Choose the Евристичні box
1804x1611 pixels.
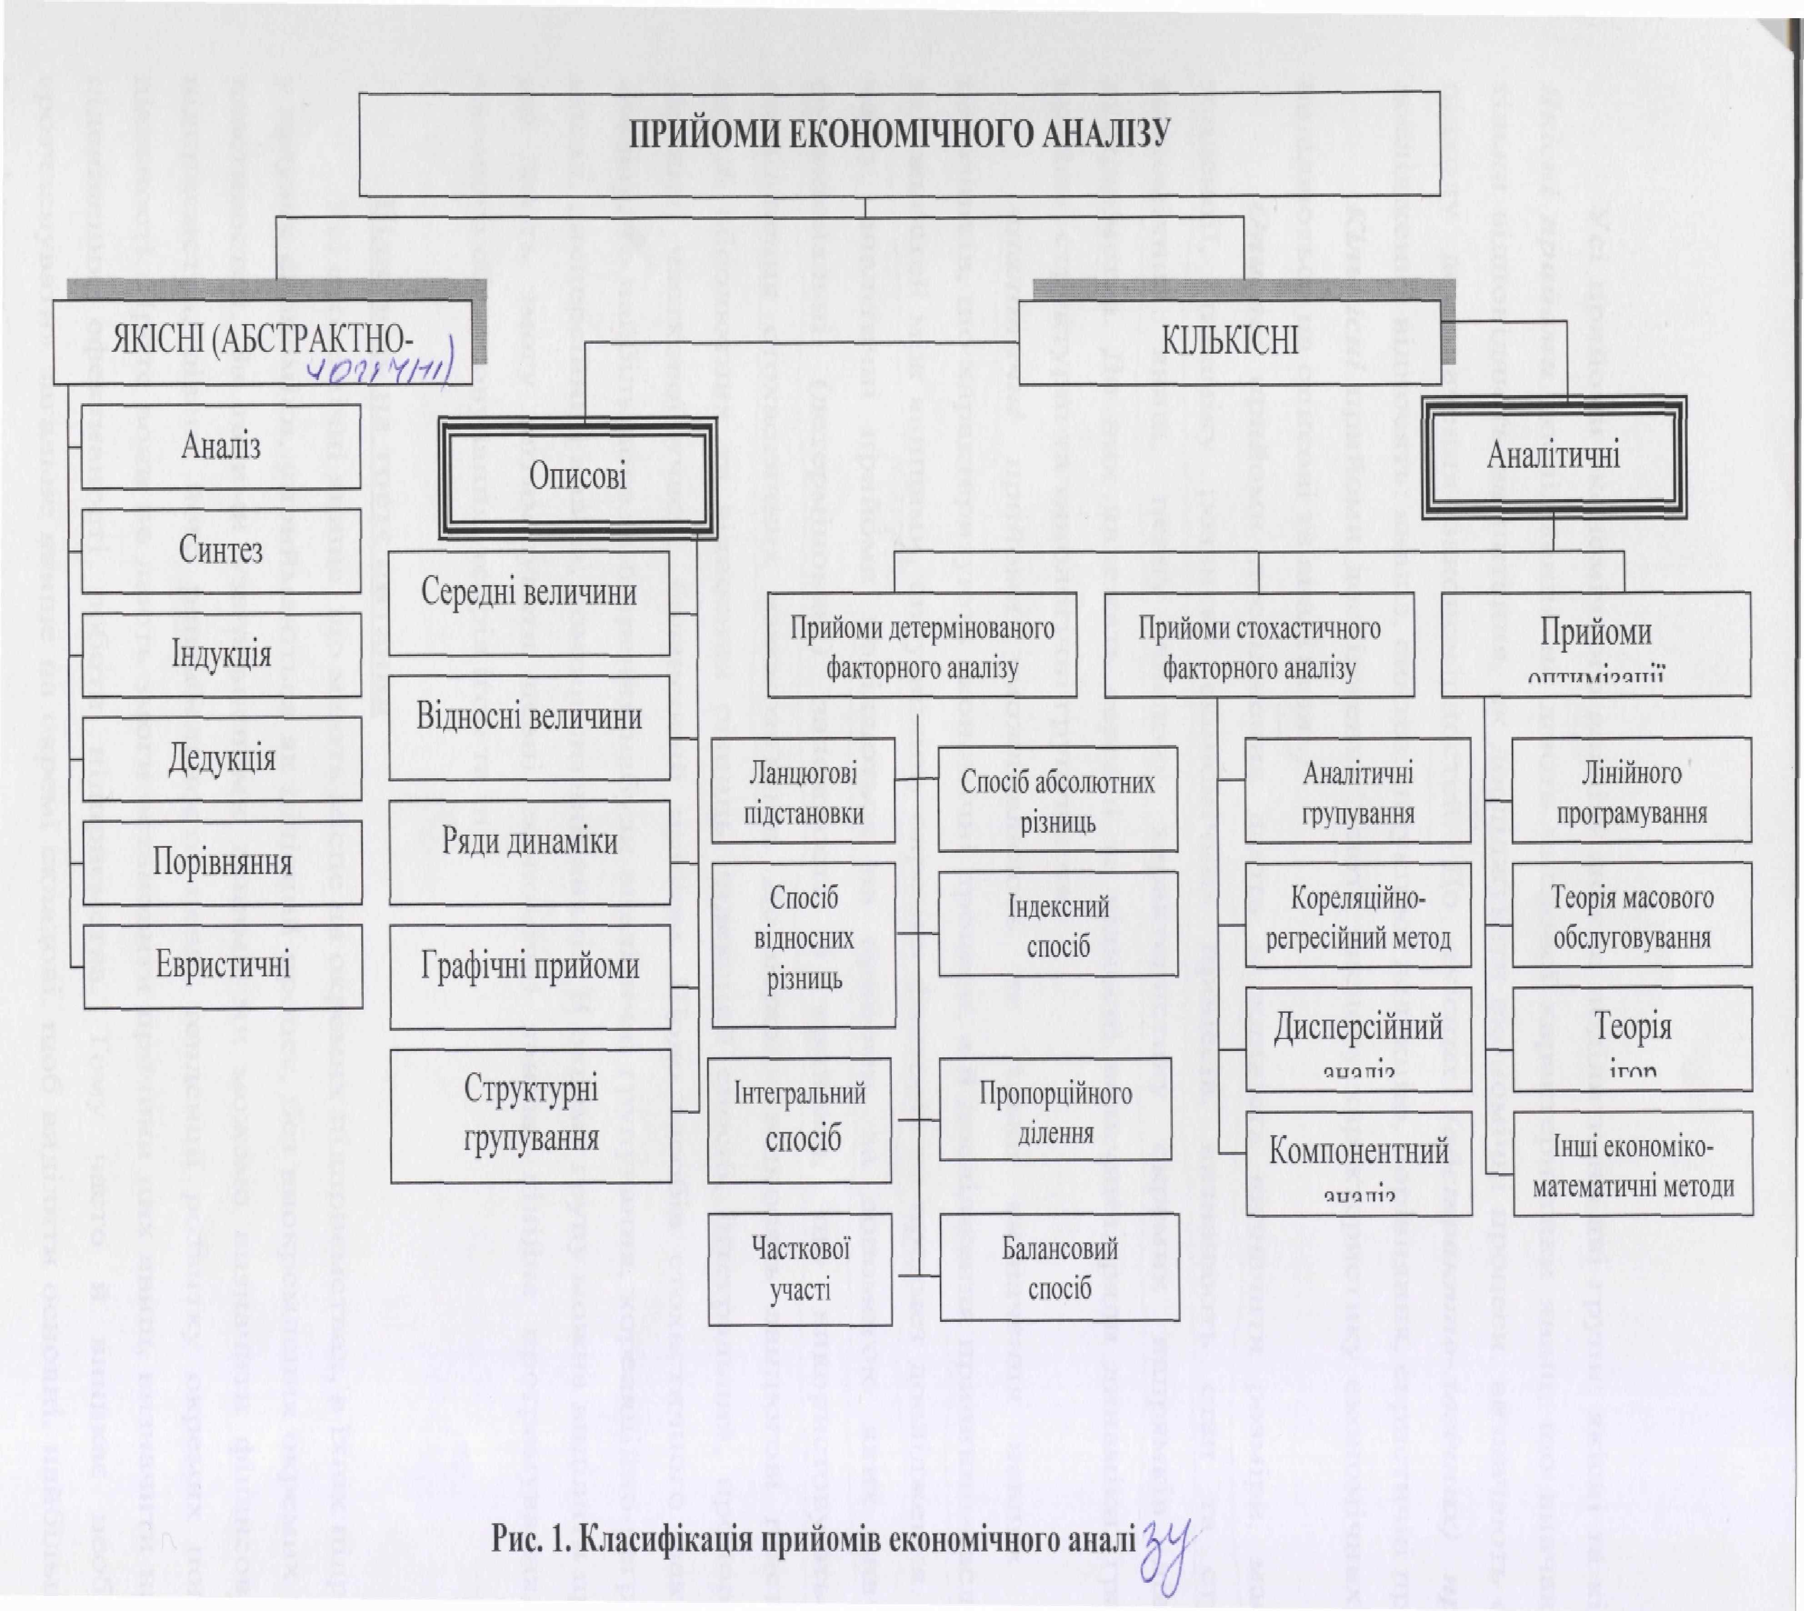[x=223, y=965]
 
